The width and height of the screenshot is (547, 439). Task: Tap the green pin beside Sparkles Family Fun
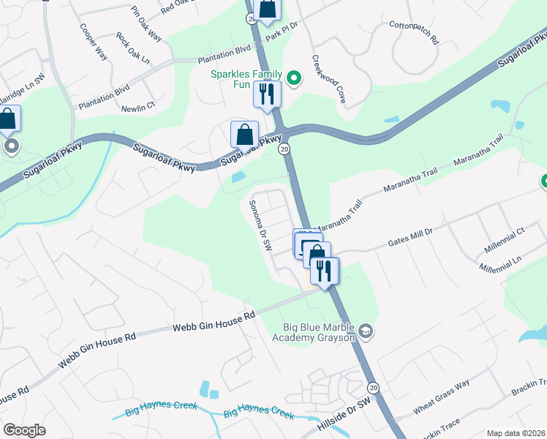(294, 78)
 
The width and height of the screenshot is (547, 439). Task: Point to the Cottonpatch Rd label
(412, 33)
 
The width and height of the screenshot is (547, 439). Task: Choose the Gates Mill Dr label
(410, 236)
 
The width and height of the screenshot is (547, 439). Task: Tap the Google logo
(24, 429)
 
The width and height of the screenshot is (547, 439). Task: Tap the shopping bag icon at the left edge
(8, 119)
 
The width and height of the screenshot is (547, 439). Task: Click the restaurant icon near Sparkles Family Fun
(267, 94)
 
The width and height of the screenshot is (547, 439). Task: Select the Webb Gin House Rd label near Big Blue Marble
(214, 321)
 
